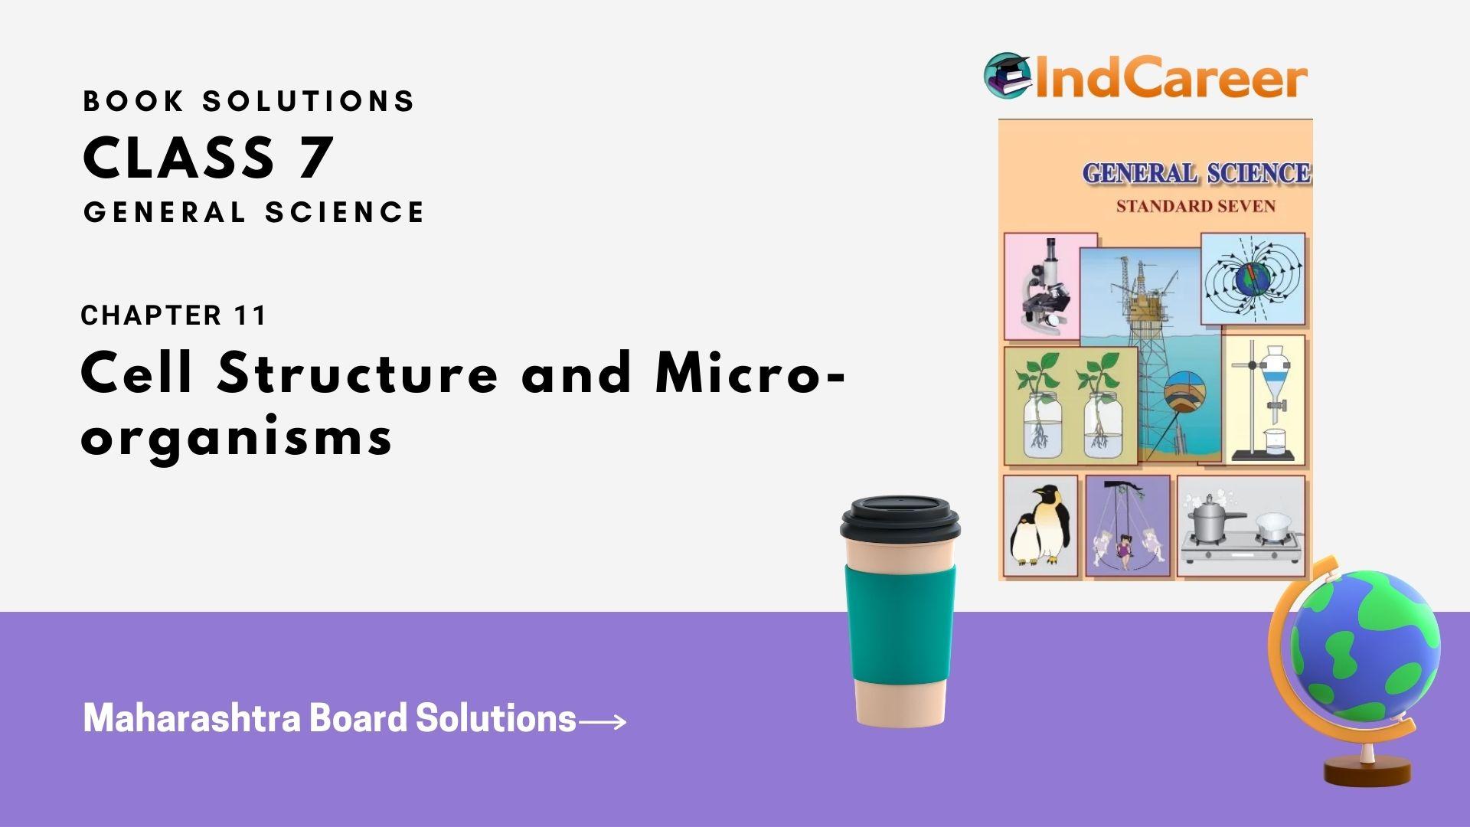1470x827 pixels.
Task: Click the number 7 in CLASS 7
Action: pyautogui.click(x=315, y=159)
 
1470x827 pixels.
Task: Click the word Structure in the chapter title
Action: pyautogui.click(x=358, y=374)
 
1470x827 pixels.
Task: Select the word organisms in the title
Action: pyautogui.click(x=237, y=437)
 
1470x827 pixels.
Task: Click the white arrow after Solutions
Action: pyautogui.click(x=603, y=721)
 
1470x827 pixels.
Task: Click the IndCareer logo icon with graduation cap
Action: pyautogui.click(x=1008, y=75)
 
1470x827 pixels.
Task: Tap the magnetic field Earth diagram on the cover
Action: pyautogui.click(x=1253, y=279)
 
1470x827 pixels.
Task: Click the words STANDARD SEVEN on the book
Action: pyautogui.click(x=1195, y=207)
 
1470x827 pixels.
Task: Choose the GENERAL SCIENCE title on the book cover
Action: pyautogui.click(x=1196, y=174)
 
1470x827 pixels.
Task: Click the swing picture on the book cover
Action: pyautogui.click(x=1127, y=527)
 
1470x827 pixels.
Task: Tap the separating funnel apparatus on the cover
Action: pyautogui.click(x=1266, y=398)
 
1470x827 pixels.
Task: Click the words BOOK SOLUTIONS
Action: pyautogui.click(x=249, y=101)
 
